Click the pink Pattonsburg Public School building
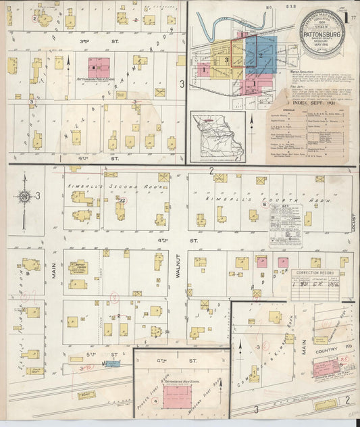pyautogui.click(x=99, y=67)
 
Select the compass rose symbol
pyautogui.click(x=24, y=196)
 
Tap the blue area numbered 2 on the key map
pyautogui.click(x=260, y=55)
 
